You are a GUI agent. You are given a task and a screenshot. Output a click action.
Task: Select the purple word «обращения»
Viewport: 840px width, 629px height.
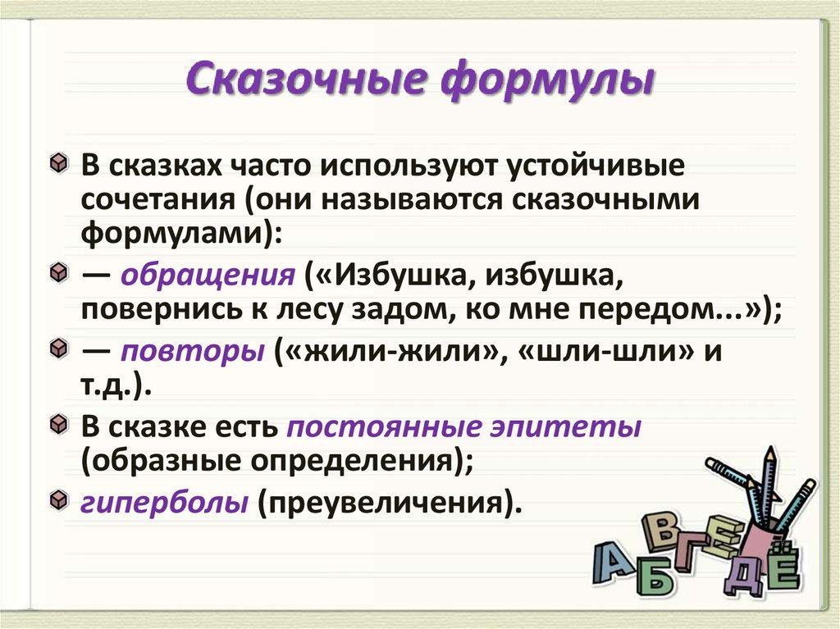point(208,276)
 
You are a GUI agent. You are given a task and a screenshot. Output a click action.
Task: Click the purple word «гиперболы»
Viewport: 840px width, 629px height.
point(164,503)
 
